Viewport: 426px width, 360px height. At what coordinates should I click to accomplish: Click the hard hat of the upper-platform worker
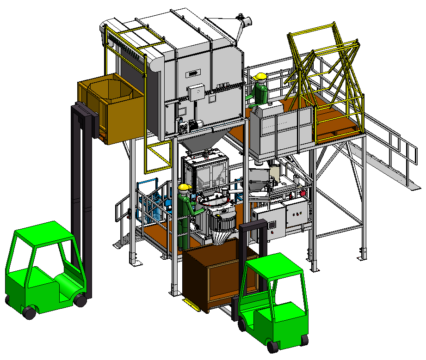(261, 76)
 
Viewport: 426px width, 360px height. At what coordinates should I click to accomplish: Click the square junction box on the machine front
(195, 91)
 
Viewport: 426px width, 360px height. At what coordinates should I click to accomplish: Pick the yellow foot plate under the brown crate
(190, 302)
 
